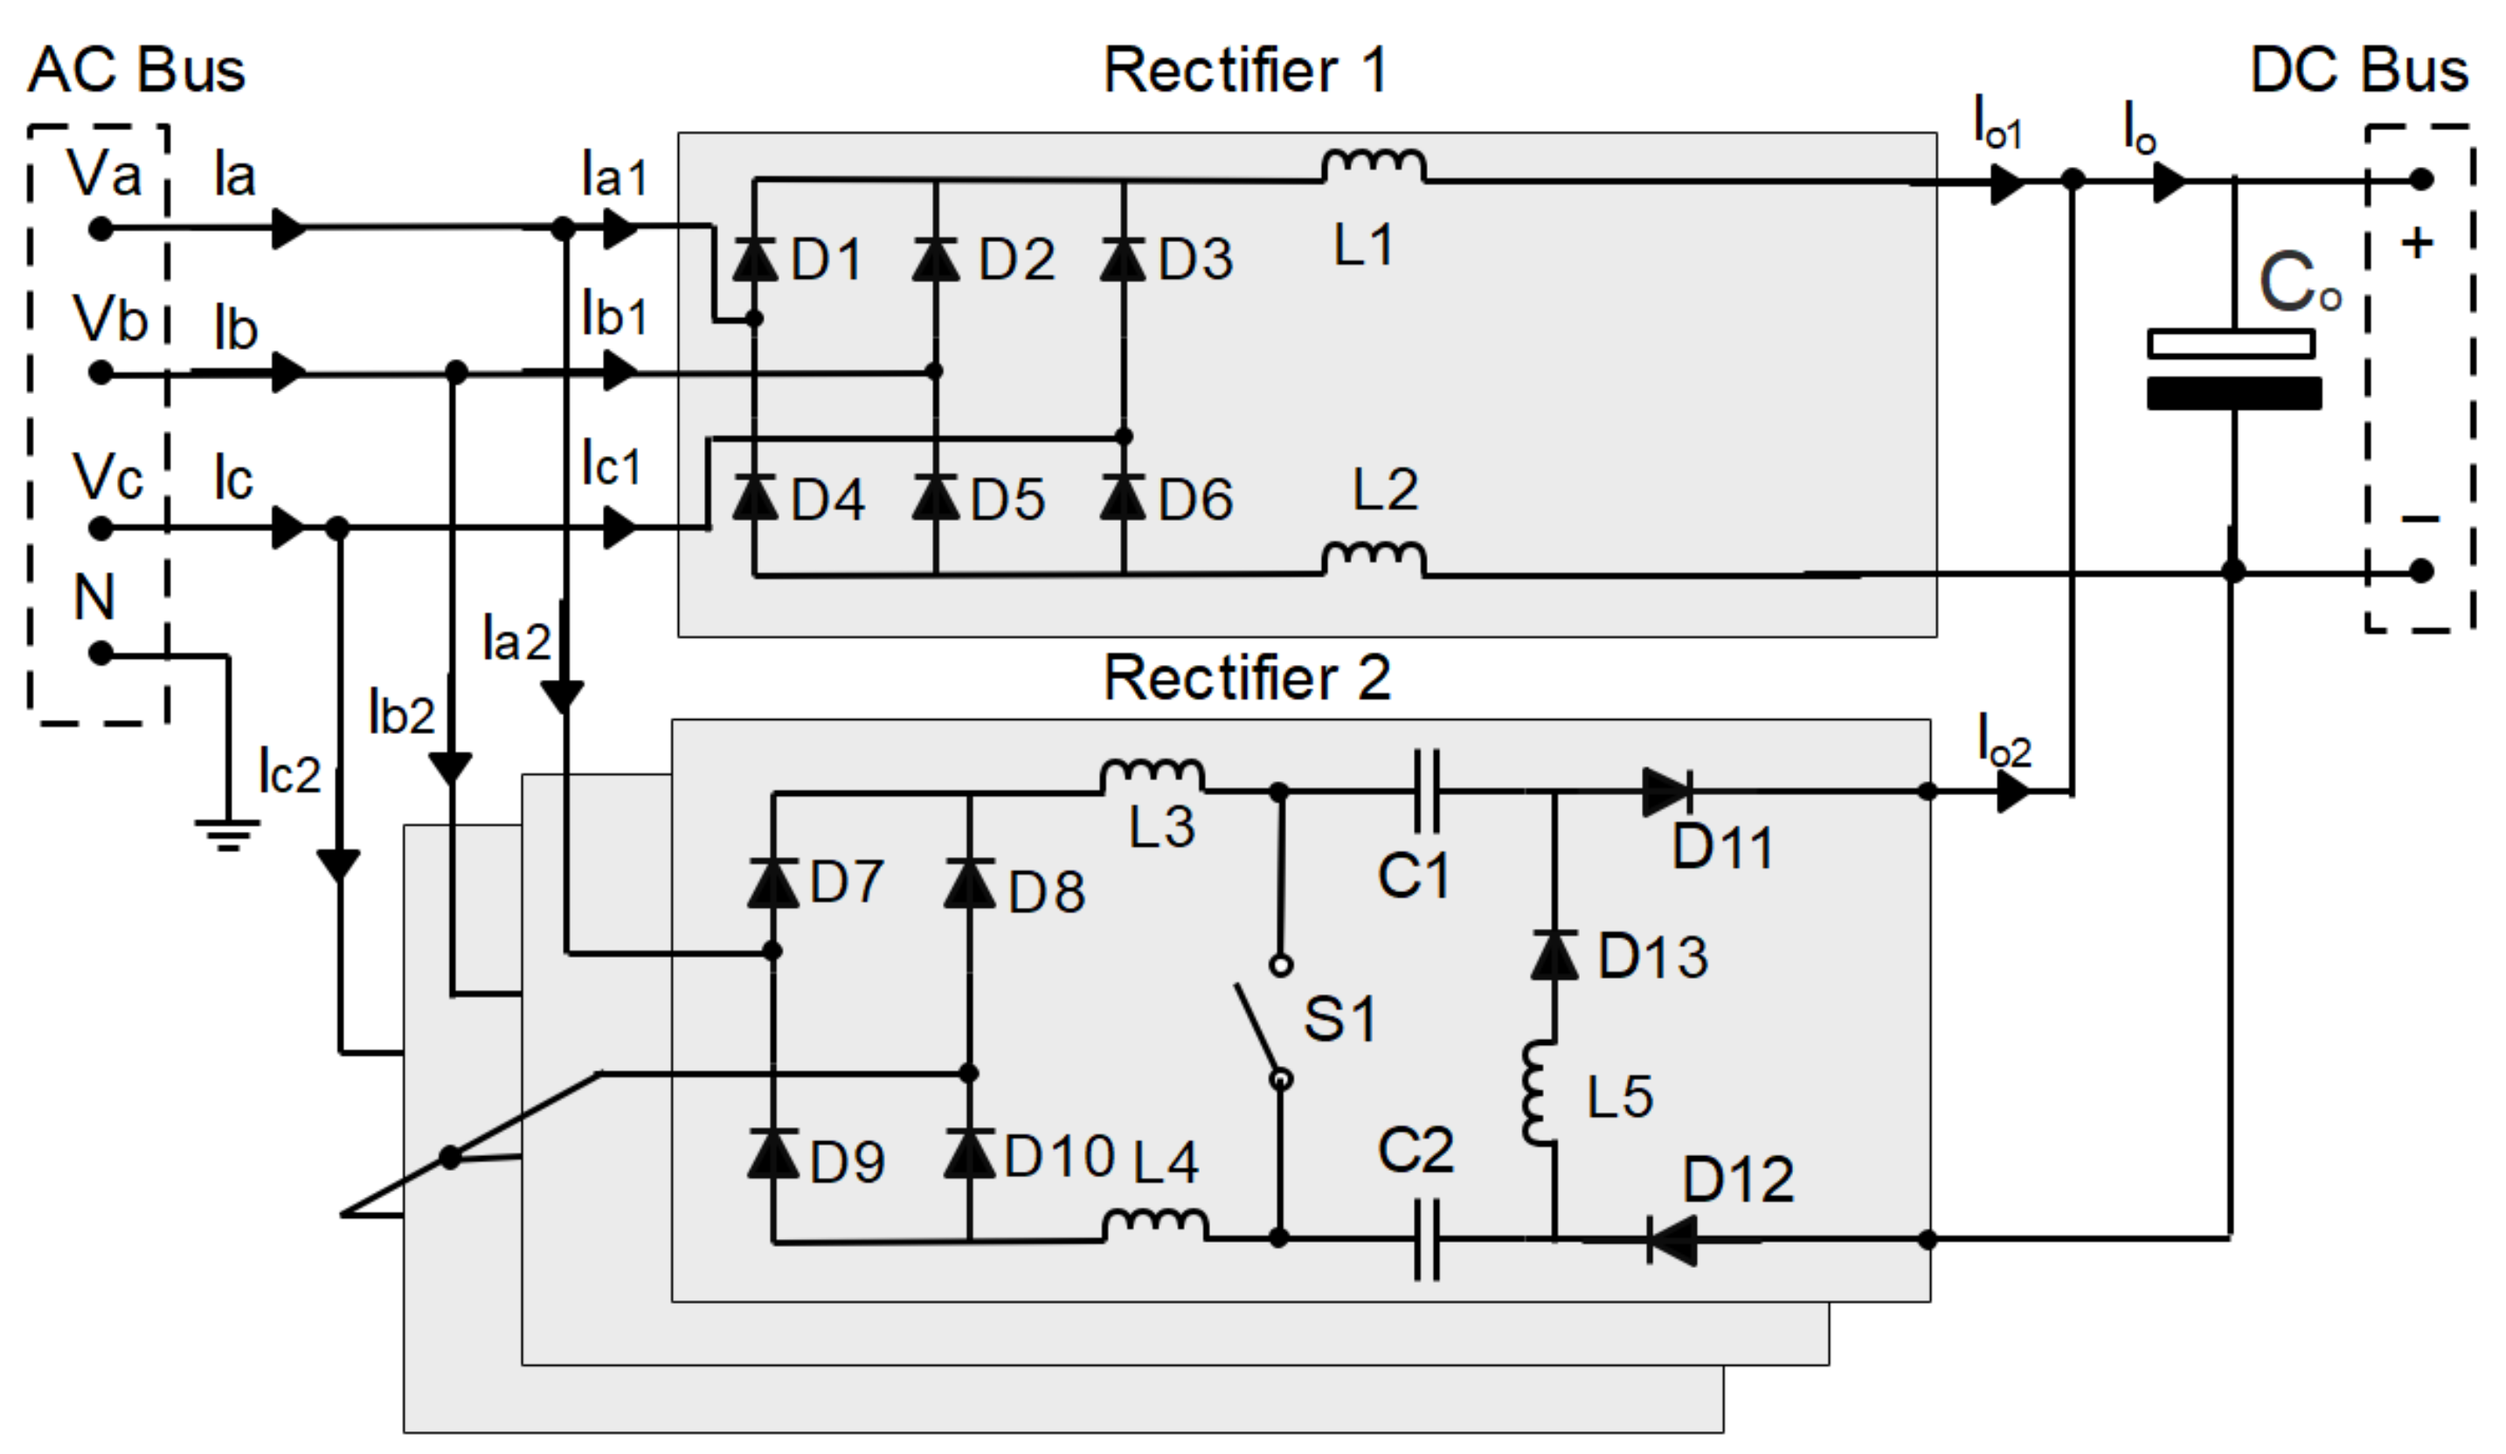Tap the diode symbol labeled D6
(1124, 497)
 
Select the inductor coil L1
(1374, 167)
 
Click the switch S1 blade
(1259, 1030)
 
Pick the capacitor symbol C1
(1426, 792)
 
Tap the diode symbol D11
(1666, 793)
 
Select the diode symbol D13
(1554, 955)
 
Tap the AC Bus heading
(136, 71)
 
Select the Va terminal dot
(100, 230)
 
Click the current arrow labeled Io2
(2015, 793)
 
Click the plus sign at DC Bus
(2417, 244)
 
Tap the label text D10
(1059, 1157)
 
